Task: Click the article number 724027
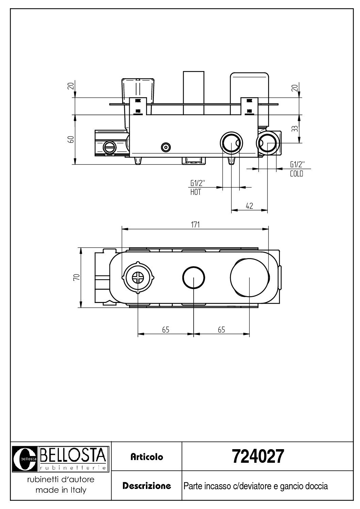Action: tap(257, 457)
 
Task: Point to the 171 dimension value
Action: tap(195, 224)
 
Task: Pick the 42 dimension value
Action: tap(249, 206)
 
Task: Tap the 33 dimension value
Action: tap(295, 129)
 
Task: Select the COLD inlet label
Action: tap(296, 174)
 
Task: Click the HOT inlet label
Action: tap(196, 192)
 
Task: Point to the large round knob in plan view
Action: tap(249, 277)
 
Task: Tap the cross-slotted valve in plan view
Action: tap(138, 277)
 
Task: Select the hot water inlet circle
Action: tap(231, 143)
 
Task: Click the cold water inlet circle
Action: tap(268, 143)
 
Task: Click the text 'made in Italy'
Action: tap(61, 490)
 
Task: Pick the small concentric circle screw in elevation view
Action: tap(166, 147)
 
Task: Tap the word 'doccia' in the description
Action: tap(318, 486)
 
